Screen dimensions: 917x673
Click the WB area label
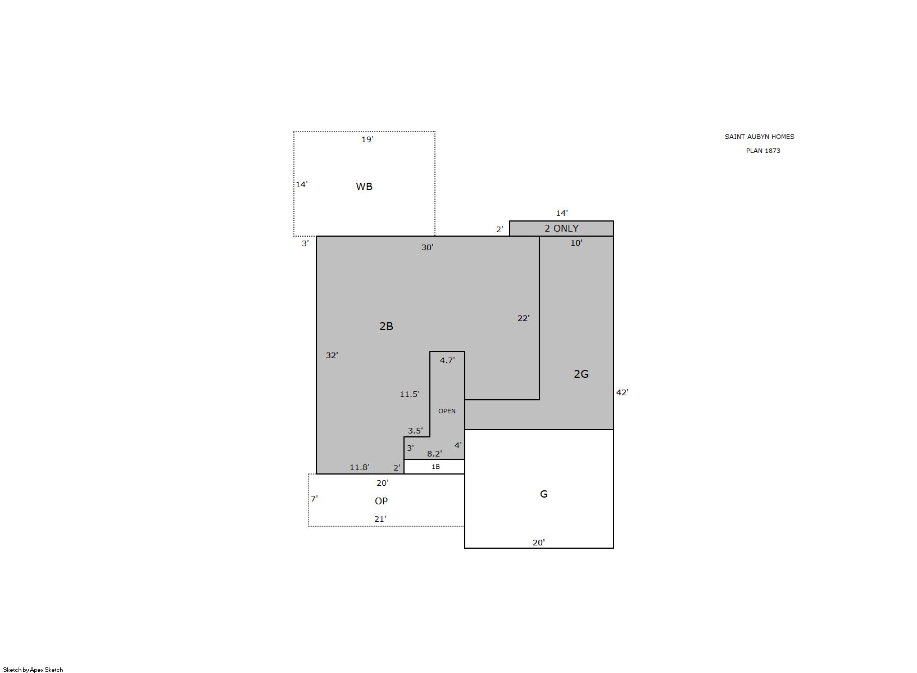pos(364,186)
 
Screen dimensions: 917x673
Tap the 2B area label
pos(386,326)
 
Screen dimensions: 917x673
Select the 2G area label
pos(581,373)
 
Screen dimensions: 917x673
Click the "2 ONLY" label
pos(561,228)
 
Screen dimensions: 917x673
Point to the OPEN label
pos(447,411)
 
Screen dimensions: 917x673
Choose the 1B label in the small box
pos(435,467)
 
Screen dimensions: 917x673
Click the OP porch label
pos(381,501)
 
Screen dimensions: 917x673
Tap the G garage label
pos(544,494)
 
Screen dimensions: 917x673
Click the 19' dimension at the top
pos(367,139)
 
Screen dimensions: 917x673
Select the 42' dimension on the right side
pos(622,392)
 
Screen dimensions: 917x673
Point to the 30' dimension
pos(428,247)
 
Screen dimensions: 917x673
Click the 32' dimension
pos(332,355)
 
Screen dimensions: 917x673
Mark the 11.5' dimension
pos(410,394)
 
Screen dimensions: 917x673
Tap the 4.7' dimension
pos(447,360)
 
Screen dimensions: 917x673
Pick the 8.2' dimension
pos(434,454)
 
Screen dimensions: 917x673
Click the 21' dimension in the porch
pos(380,519)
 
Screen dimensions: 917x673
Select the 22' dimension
pos(524,318)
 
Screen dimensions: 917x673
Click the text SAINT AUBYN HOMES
pos(760,137)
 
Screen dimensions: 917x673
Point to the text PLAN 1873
pos(763,151)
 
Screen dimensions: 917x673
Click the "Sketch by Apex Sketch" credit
pos(33,670)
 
